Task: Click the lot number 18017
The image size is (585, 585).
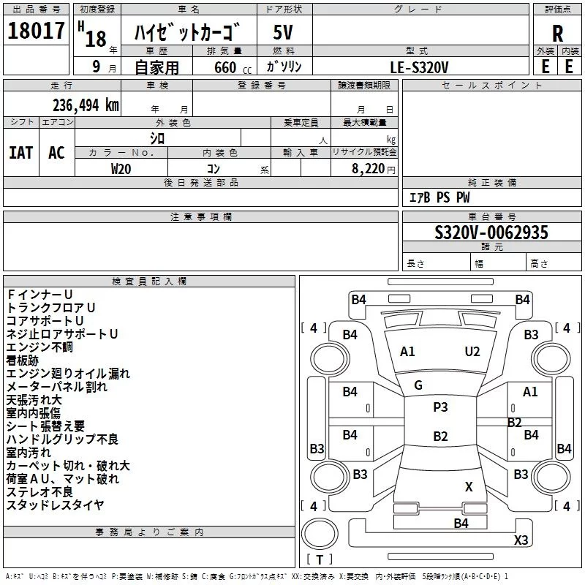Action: click(36, 31)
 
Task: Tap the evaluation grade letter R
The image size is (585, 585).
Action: click(557, 32)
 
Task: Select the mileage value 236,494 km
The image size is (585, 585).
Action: click(86, 105)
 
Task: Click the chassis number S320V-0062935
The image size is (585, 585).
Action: click(491, 233)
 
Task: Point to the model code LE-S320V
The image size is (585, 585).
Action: click(420, 67)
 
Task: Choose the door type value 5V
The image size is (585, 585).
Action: click(284, 32)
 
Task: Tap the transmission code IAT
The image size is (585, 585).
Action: click(20, 153)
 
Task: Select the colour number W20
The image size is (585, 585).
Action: click(121, 168)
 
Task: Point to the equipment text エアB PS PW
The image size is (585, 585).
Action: click(439, 197)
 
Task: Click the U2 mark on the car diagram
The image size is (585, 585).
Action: click(472, 352)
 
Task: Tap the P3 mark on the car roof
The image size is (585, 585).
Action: click(440, 407)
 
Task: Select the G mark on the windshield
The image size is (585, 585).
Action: click(418, 385)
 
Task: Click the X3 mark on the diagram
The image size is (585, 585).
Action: click(521, 540)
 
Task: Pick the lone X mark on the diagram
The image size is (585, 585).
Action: click(469, 486)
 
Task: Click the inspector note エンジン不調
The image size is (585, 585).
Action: click(39, 347)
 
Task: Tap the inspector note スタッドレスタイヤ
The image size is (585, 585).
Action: click(56, 505)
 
